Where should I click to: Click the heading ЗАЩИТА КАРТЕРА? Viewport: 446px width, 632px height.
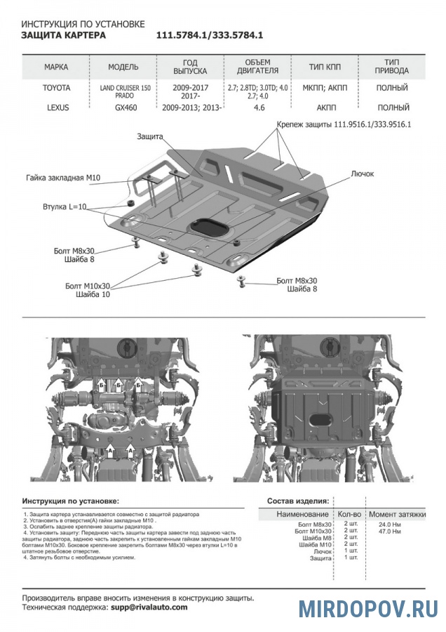pyautogui.click(x=64, y=35)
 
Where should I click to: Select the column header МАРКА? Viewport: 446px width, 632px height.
pyautogui.click(x=56, y=67)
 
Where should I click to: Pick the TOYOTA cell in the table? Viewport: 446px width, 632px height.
pyautogui.click(x=56, y=88)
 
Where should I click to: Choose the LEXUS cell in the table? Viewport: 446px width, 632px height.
pyautogui.click(x=56, y=108)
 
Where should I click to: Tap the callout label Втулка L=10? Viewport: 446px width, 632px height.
pyautogui.click(x=63, y=207)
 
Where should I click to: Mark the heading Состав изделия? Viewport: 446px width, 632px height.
pyautogui.click(x=298, y=501)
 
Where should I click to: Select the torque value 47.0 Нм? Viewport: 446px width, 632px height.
pyautogui.click(x=390, y=532)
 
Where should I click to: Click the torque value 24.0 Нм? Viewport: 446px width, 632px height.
pyautogui.click(x=390, y=525)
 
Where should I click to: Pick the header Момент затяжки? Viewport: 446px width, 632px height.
pyautogui.click(x=397, y=515)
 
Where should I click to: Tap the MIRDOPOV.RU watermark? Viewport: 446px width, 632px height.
pyautogui.click(x=368, y=609)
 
